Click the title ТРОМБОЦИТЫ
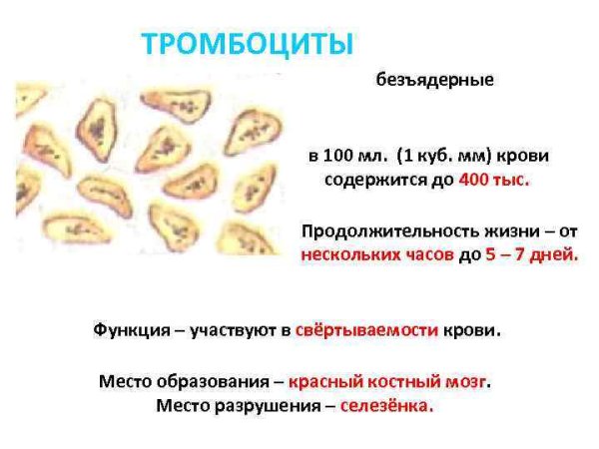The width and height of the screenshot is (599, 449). click(248, 45)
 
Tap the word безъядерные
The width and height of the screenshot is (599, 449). click(434, 80)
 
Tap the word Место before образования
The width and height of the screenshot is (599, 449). click(124, 381)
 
